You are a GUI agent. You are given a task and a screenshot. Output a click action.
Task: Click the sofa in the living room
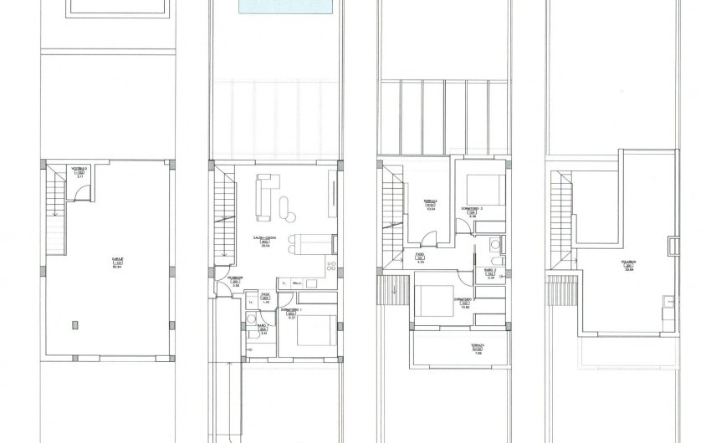point(263,191)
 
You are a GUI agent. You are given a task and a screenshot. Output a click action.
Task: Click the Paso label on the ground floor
point(264,296)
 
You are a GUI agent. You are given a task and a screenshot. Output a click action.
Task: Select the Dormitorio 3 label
point(473,209)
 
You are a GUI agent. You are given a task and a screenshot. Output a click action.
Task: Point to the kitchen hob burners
point(330,267)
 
